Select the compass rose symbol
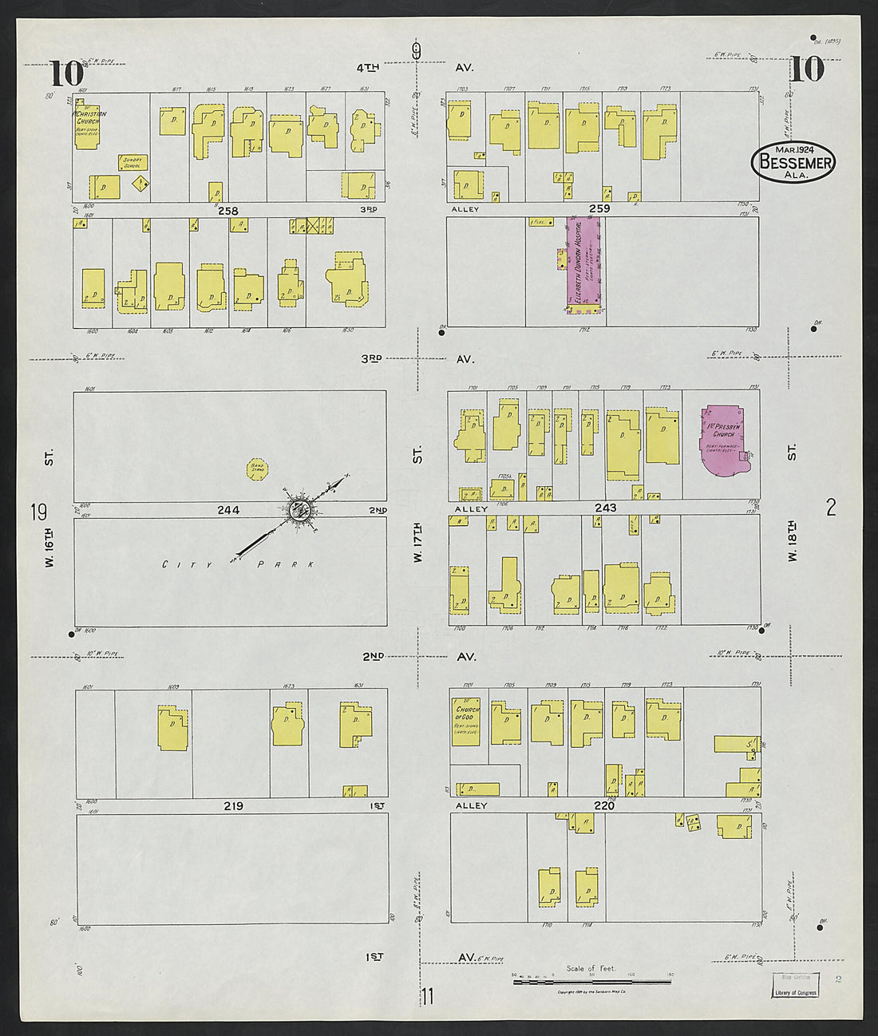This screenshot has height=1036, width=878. pyautogui.click(x=301, y=508)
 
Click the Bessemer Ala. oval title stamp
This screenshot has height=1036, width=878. pyautogui.click(x=793, y=162)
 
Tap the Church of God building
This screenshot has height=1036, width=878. pyautogui.click(x=467, y=723)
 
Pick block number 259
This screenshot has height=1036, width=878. pyautogui.click(x=599, y=208)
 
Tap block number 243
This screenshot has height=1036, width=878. pyautogui.click(x=605, y=508)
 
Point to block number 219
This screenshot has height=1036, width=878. pyautogui.click(x=233, y=806)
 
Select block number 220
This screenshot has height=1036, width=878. pyautogui.click(x=604, y=806)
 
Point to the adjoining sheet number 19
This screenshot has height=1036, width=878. pyautogui.click(x=38, y=512)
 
